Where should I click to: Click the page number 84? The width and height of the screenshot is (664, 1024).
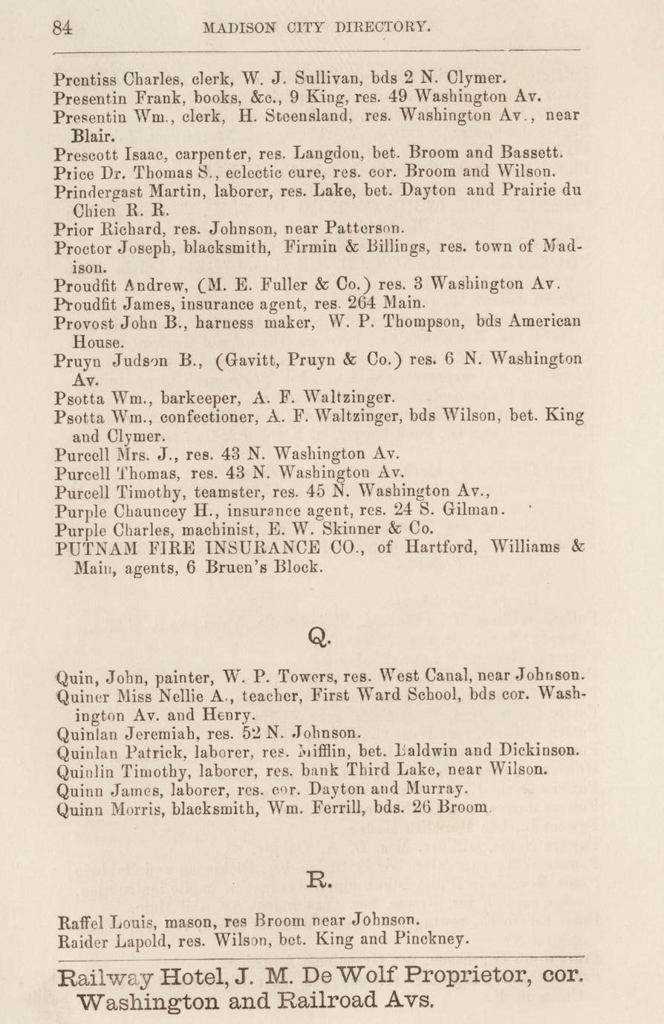coord(62,28)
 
